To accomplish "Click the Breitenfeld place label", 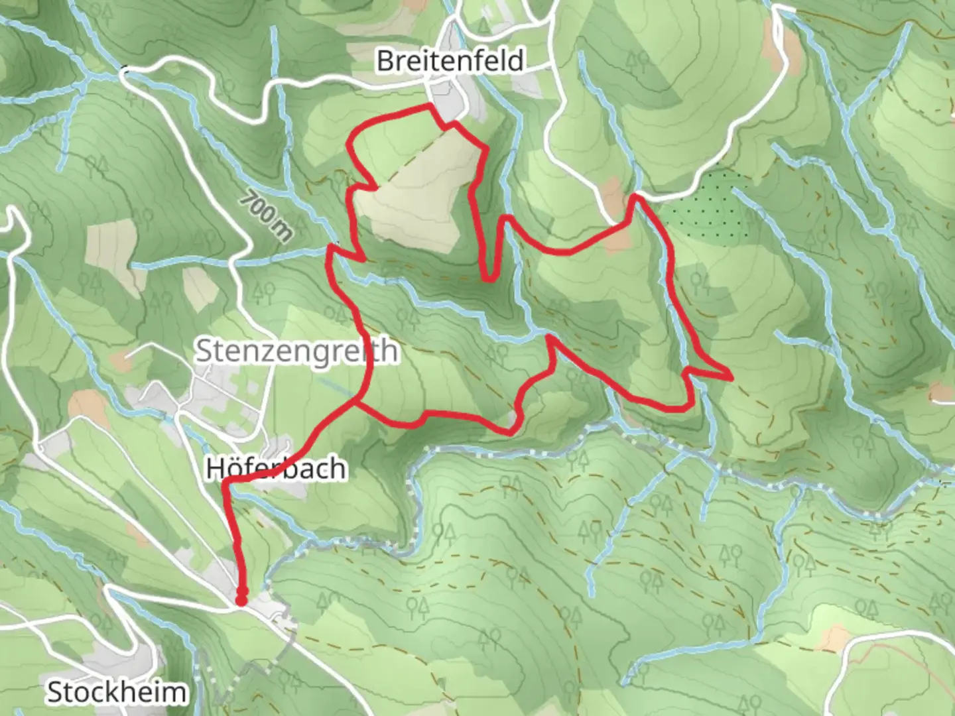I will (450, 61).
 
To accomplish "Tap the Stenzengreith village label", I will (296, 351).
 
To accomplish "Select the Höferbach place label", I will (276, 468).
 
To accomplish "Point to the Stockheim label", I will (117, 692).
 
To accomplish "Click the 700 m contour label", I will (267, 215).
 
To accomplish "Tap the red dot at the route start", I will (241, 600).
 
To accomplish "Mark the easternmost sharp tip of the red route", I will (731, 378).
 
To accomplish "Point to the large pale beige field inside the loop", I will (418, 192).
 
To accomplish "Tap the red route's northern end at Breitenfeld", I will (432, 106).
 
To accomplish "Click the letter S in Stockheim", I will (54, 693).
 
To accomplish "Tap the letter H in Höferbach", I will (214, 469).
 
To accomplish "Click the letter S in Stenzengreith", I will (204, 351).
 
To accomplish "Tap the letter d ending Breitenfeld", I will (516, 61).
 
